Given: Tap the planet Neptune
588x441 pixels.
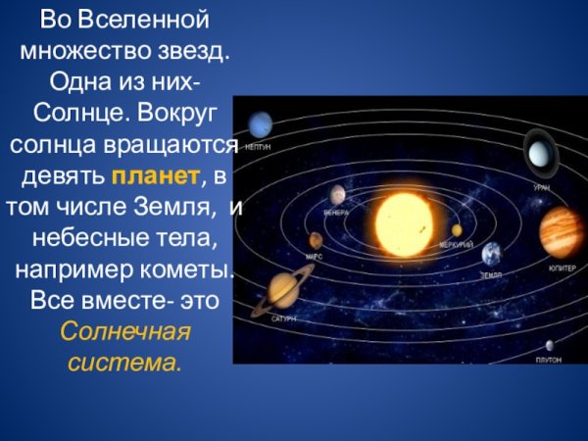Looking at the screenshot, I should (x=261, y=124).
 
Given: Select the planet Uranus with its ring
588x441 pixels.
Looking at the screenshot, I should (x=539, y=153).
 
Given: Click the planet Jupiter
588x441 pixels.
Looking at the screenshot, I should (x=562, y=231).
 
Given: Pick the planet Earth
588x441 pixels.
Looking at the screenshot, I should (x=491, y=254).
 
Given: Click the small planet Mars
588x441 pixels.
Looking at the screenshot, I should (x=316, y=239).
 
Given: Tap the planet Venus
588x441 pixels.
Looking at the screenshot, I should (x=337, y=194).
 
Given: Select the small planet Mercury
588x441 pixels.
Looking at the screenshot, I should (x=457, y=230).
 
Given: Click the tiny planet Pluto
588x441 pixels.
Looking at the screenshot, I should (x=550, y=344).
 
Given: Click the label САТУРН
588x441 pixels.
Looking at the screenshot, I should (x=283, y=318).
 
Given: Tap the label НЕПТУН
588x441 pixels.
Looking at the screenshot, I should (x=258, y=146).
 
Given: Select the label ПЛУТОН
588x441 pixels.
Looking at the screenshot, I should (x=548, y=360).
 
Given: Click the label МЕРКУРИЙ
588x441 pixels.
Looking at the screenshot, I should (x=456, y=244).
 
